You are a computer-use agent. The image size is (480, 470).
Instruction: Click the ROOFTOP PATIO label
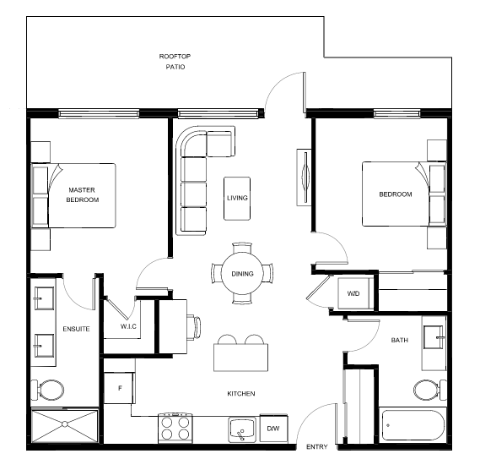point(175,62)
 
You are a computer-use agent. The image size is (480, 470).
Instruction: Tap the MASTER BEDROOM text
point(82,194)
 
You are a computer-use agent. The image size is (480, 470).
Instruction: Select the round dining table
point(242,273)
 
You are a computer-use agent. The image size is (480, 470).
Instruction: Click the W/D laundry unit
point(353,293)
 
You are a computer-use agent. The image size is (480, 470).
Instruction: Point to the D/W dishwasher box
point(273,429)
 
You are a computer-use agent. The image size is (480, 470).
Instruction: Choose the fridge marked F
point(120,388)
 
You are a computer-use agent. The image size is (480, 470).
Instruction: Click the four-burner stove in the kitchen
point(175,429)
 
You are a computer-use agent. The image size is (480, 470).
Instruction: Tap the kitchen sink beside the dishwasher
point(242,429)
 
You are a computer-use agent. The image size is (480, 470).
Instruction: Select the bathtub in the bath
point(413,425)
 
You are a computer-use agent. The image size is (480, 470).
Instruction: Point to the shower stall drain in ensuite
point(65,424)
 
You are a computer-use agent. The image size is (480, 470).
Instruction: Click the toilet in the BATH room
point(429,390)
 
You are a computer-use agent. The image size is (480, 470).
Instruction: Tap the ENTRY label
point(317,446)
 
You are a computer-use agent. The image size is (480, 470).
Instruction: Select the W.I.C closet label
point(128,326)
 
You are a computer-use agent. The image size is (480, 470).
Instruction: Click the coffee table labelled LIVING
point(237,199)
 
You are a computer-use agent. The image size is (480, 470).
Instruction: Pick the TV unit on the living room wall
point(305,178)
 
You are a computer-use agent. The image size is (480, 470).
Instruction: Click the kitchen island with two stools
point(241,358)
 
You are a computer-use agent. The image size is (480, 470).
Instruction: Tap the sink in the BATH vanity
point(434,337)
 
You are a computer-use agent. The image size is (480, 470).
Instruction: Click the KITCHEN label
point(241,394)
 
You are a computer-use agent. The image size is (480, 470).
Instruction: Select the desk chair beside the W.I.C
point(194,327)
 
